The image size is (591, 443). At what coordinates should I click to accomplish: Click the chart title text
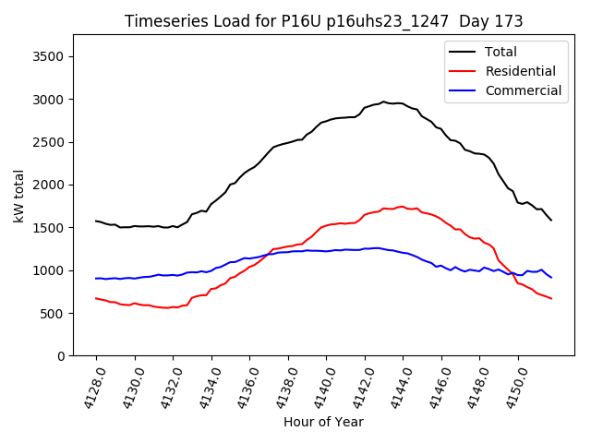323,21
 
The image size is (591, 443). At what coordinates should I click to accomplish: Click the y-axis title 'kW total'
18,197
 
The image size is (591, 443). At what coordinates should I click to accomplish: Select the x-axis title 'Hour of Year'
323,422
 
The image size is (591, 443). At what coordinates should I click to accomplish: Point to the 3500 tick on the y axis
47,56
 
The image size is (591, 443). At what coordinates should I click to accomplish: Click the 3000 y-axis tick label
47,100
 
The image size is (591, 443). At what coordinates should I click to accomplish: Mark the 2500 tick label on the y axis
47,142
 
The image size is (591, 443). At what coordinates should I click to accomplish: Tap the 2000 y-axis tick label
47,185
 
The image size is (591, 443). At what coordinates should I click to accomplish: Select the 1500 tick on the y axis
47,228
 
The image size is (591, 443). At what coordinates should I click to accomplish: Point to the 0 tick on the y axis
60,356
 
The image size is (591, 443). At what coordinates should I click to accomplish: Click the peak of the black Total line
383,102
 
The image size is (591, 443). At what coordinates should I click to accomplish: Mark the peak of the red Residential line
402,207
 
